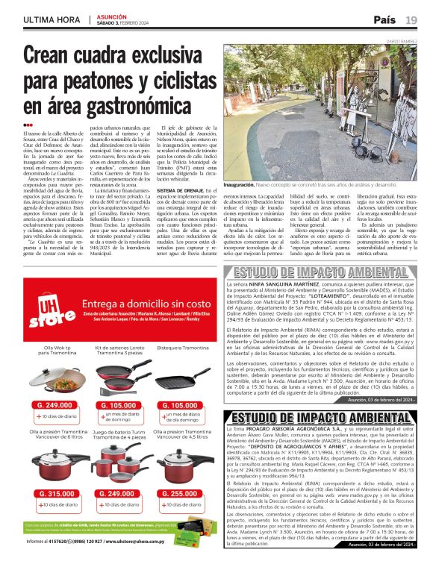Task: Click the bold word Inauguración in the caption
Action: pyautogui.click(x=246, y=184)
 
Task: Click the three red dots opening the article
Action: pyautogui.click(x=28, y=125)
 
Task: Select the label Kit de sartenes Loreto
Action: pyautogui.click(x=112, y=348)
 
